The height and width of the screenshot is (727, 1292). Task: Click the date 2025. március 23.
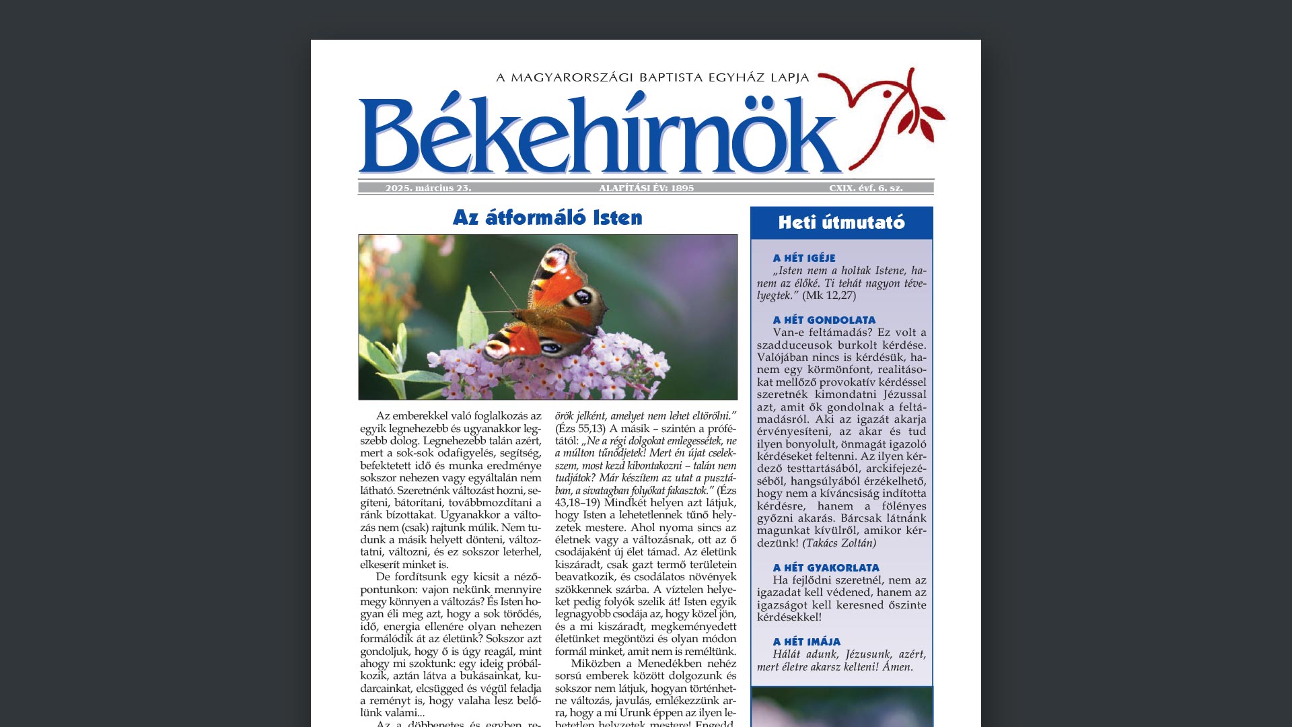[x=428, y=188]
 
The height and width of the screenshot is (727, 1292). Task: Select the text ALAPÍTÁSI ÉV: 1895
[x=646, y=188]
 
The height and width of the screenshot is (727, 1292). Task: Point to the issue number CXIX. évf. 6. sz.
[x=865, y=188]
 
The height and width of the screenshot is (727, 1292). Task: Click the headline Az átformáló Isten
[x=547, y=217]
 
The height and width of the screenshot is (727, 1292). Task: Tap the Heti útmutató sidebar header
[x=841, y=223]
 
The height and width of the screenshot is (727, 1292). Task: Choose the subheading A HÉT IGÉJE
[x=804, y=258]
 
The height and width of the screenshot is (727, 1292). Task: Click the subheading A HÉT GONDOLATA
[x=824, y=320]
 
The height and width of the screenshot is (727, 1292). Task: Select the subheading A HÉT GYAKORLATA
[x=826, y=567]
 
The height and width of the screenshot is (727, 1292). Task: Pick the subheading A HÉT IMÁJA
[x=807, y=642]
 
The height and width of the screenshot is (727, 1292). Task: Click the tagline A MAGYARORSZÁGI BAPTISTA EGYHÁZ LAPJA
[x=652, y=77]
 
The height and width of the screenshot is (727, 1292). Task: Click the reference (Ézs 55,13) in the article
[x=581, y=429]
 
